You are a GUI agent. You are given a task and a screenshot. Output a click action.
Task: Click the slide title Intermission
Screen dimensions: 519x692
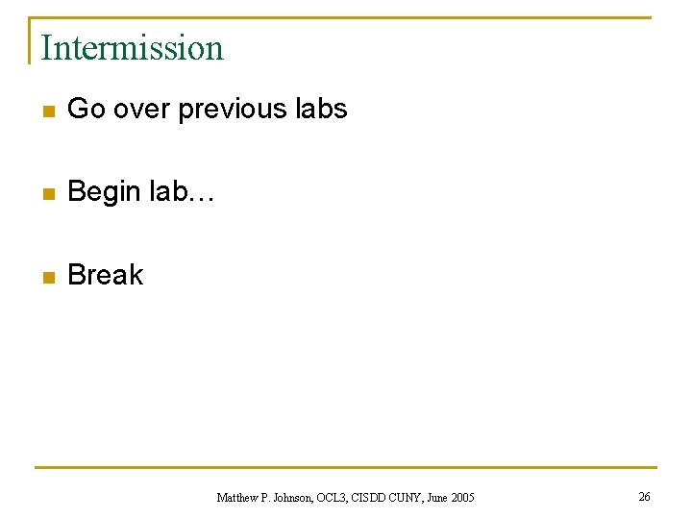click(x=132, y=47)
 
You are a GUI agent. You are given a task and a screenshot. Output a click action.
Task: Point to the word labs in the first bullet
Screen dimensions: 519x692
click(x=321, y=110)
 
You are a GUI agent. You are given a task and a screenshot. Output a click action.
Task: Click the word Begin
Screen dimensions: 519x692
click(x=105, y=192)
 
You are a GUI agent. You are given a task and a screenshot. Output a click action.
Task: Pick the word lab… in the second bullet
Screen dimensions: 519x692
click(x=184, y=192)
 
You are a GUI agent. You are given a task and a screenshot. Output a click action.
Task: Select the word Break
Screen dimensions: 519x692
click(x=106, y=275)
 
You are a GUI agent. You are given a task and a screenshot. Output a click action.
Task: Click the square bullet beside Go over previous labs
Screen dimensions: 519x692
click(x=46, y=111)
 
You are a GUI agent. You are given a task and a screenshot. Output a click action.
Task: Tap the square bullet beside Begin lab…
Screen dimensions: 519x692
click(x=46, y=194)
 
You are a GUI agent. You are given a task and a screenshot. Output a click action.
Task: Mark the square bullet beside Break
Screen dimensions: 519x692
click(x=46, y=277)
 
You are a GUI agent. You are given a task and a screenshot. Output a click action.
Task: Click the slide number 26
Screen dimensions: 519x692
click(x=644, y=496)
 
